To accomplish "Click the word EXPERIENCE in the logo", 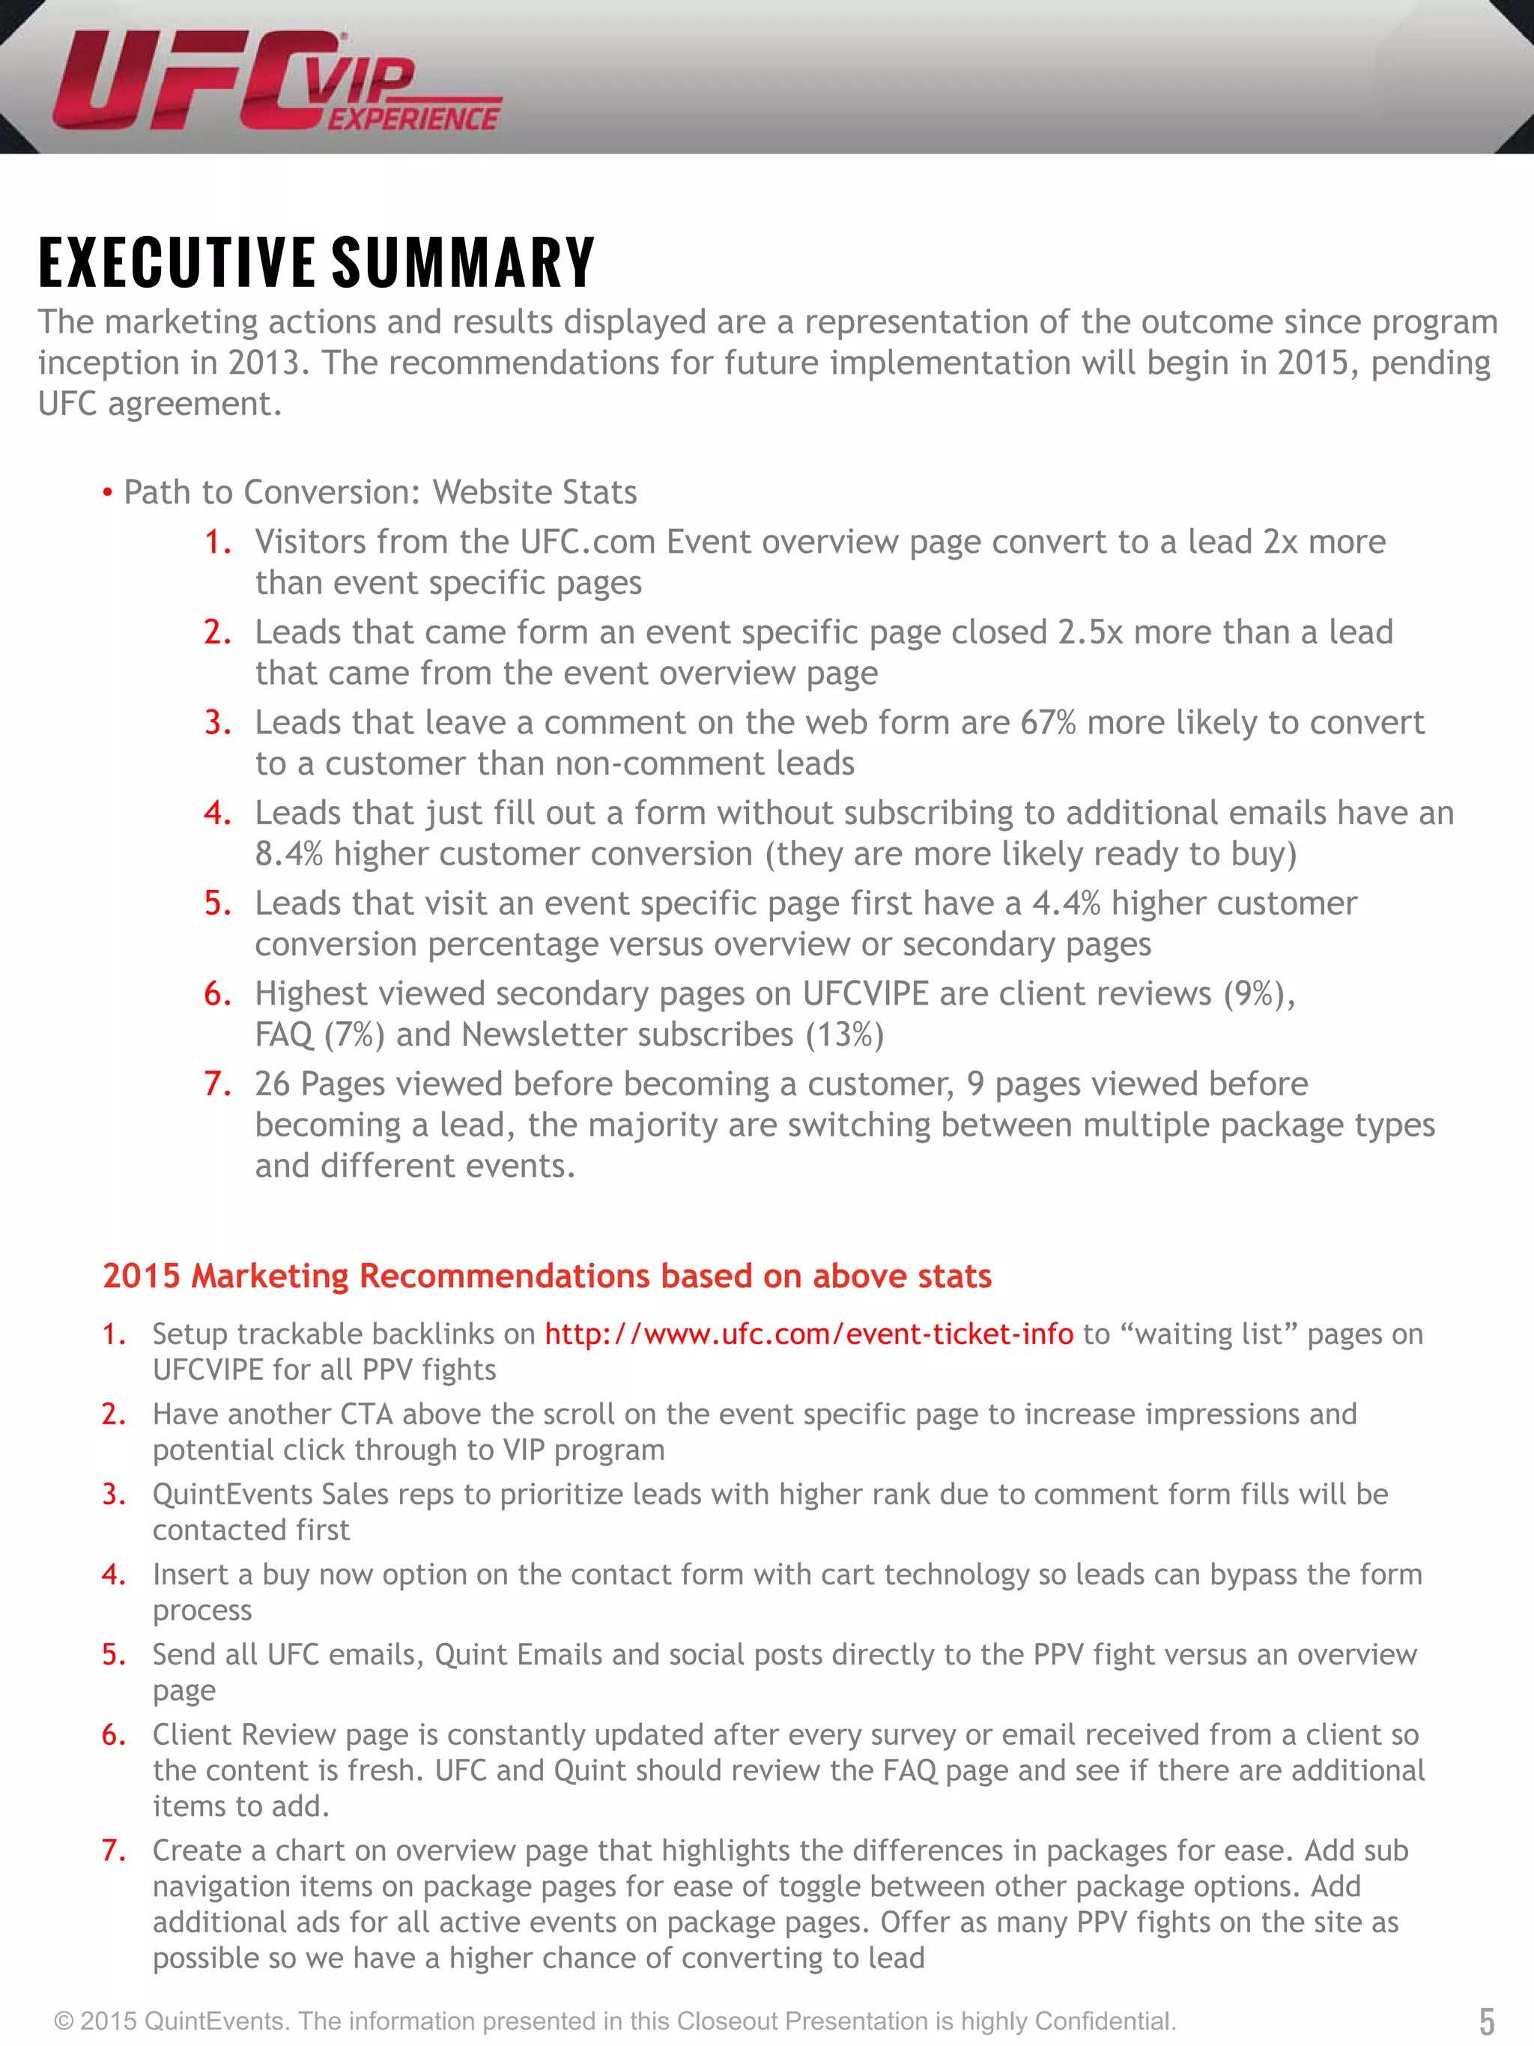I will [x=413, y=119].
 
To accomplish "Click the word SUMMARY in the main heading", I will [x=462, y=263].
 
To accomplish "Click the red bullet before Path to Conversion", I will [x=108, y=493].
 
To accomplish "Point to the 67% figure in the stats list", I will [x=1048, y=722].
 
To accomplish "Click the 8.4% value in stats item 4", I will [x=288, y=854].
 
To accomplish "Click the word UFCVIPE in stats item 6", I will [x=864, y=993].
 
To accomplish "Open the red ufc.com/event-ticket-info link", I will [x=808, y=1334].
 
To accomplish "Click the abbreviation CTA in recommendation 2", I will [x=366, y=1414].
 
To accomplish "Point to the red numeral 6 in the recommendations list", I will [x=113, y=1735].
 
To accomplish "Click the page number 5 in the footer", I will [x=1487, y=2020].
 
